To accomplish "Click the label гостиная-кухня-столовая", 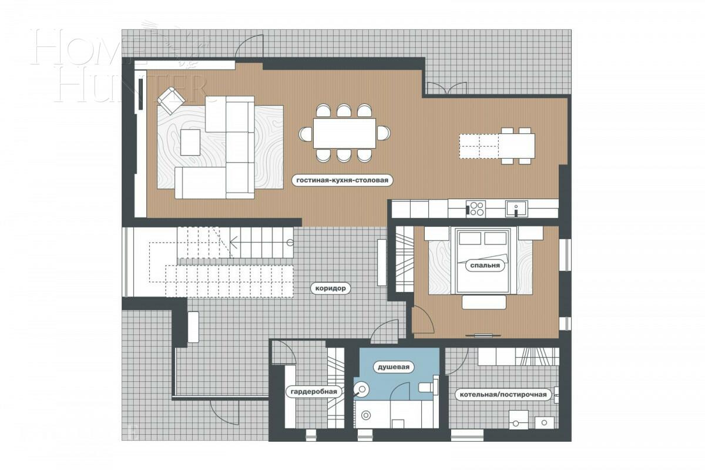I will pyautogui.click(x=342, y=180).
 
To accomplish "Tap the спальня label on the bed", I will pyautogui.click(x=485, y=266).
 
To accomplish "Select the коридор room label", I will pyautogui.click(x=332, y=288).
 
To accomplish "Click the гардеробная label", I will pyautogui.click(x=313, y=391).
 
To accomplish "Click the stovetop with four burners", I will pyautogui.click(x=476, y=209).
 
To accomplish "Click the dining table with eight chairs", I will pyautogui.click(x=344, y=133).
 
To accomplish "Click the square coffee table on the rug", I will pyautogui.click(x=190, y=142).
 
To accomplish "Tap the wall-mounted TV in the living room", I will pyautogui.click(x=141, y=94).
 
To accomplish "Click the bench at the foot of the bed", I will pyautogui.click(x=484, y=302).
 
